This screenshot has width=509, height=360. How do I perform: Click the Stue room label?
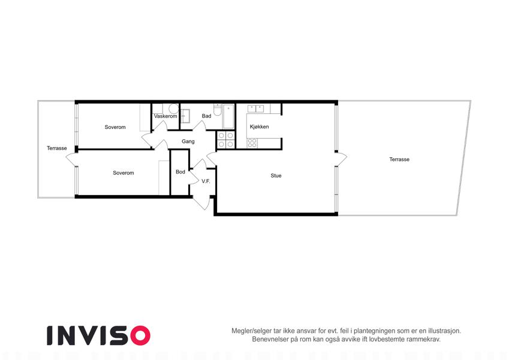click(276, 176)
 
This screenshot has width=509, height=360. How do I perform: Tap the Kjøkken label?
click(260, 127)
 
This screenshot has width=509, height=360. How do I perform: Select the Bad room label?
click(206, 116)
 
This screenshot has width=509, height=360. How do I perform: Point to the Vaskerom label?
click(165, 116)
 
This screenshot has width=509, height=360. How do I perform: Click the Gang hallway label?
click(188, 142)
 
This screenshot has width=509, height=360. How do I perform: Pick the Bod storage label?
click(180, 172)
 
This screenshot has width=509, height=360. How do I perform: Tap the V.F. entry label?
click(206, 181)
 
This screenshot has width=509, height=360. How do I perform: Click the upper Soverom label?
click(115, 127)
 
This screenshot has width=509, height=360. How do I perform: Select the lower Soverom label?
click(124, 173)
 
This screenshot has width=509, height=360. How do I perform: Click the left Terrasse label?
click(57, 148)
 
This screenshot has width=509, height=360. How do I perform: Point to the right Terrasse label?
click(399, 159)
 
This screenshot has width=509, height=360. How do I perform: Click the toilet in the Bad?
click(218, 109)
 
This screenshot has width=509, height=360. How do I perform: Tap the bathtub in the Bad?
click(228, 116)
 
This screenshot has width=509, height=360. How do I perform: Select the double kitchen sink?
click(256, 108)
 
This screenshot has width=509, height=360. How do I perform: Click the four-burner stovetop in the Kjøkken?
click(252, 143)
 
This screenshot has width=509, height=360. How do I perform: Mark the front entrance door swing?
click(202, 202)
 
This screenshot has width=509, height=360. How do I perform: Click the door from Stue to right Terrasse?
click(341, 158)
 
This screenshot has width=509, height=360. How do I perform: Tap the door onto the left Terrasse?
click(71, 159)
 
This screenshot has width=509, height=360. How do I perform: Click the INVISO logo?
click(98, 335)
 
